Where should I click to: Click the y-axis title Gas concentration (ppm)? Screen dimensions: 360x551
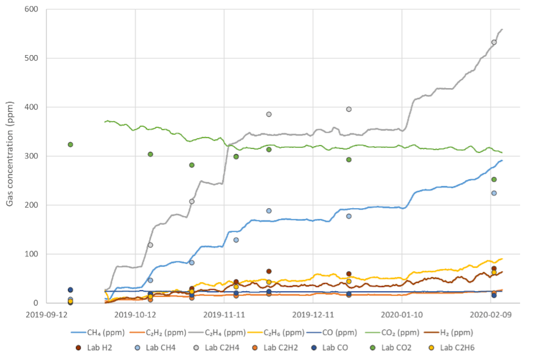pos(10,156)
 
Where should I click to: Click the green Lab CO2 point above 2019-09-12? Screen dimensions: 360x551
pos(70,144)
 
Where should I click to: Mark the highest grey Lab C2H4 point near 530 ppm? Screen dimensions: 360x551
pos(494,42)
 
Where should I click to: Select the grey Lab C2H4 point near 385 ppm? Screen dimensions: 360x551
pos(269,114)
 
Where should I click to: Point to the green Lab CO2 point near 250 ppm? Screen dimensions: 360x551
pos(494,179)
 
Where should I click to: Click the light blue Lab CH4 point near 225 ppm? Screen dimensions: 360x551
pos(494,193)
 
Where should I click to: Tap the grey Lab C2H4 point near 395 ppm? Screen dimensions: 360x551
pos(349,109)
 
